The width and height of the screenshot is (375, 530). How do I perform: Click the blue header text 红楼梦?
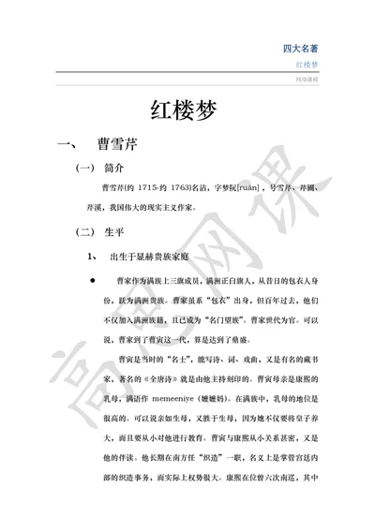pyautogui.click(x=307, y=65)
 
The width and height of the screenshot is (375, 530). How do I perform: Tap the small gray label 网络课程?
pyautogui.click(x=307, y=81)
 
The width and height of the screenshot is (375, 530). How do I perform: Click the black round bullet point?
pyautogui.click(x=93, y=280)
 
